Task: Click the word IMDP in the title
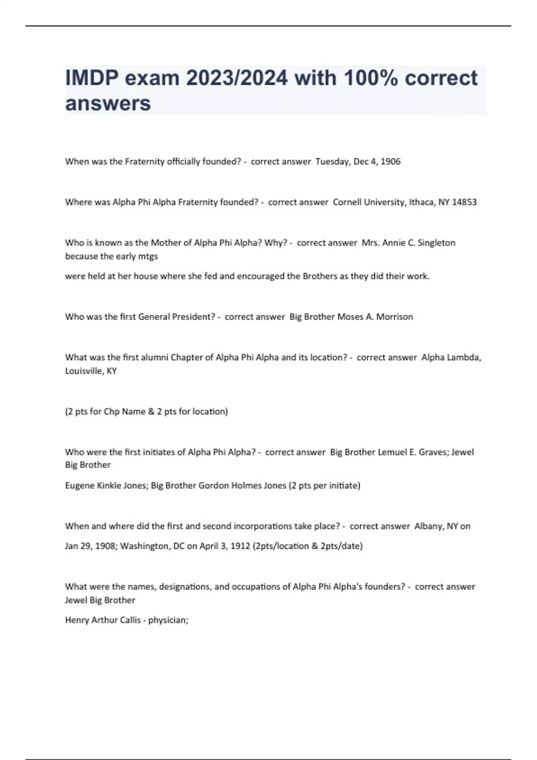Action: pyautogui.click(x=91, y=78)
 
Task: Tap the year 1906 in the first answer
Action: pyautogui.click(x=390, y=161)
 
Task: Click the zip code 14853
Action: pyautogui.click(x=464, y=202)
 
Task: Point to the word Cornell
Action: pyautogui.click(x=347, y=202)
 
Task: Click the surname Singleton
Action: pyautogui.click(x=436, y=243)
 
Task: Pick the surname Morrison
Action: pyautogui.click(x=394, y=317)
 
